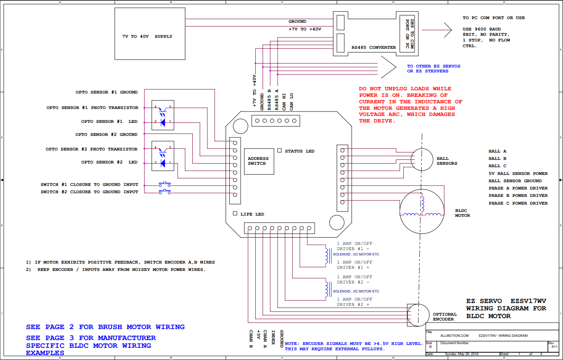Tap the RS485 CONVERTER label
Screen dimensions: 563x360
[374, 48]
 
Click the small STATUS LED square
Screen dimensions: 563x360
[280, 151]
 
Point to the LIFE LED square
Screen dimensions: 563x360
[235, 213]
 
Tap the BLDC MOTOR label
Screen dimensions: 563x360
[463, 213]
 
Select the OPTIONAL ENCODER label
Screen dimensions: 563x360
[445, 317]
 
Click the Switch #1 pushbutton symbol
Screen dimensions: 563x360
[165, 184]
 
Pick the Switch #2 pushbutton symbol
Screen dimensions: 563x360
[165, 192]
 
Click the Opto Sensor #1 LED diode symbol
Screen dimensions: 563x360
[163, 122]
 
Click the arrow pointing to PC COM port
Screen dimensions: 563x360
[437, 30]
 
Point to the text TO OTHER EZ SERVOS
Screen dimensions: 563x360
[434, 66]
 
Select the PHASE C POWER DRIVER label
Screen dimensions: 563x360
[518, 203]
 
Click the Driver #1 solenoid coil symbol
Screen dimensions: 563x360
[327, 255]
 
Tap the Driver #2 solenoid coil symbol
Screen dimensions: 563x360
[327, 289]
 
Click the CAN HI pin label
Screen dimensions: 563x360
[284, 102]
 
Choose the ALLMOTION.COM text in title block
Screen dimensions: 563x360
[454, 336]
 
